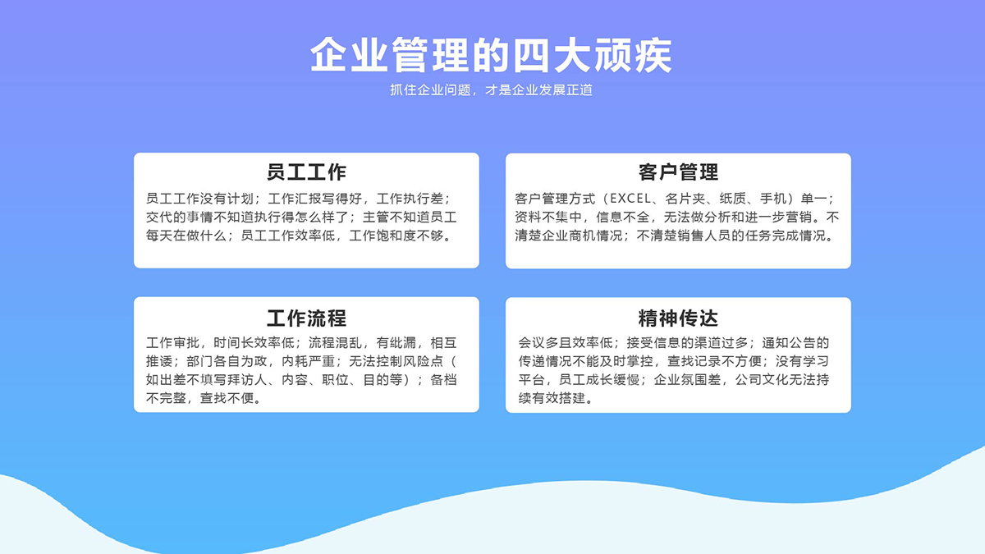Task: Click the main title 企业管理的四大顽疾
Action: [491, 55]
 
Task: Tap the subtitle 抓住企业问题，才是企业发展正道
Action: [491, 90]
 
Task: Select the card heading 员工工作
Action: [306, 172]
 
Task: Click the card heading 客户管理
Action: [678, 172]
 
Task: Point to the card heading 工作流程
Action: [306, 318]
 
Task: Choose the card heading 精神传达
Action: [678, 318]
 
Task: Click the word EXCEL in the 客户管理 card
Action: [630, 199]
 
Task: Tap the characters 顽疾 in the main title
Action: [633, 55]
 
